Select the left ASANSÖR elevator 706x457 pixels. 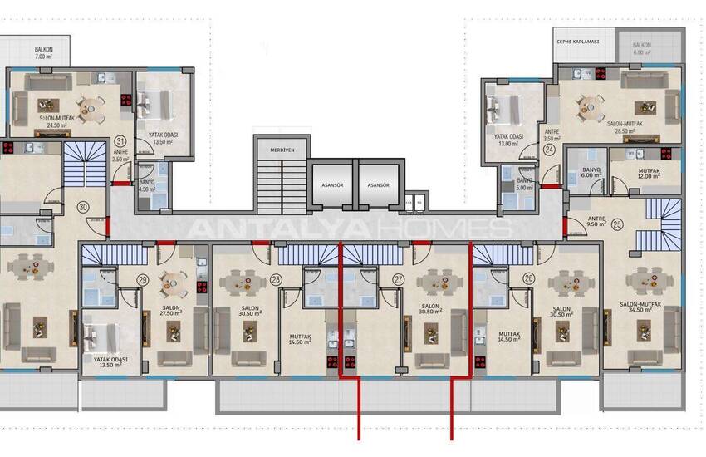(331, 184)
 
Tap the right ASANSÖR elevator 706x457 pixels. (378, 184)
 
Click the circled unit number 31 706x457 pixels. (120, 141)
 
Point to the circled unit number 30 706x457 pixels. (83, 206)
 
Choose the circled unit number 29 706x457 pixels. (143, 280)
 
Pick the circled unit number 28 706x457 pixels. (275, 280)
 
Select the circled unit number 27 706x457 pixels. (399, 280)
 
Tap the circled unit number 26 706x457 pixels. (528, 280)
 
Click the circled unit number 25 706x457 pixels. (617, 224)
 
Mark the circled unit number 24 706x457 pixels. (550, 150)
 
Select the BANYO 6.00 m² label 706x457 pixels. (590, 171)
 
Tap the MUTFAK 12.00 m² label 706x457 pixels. (648, 172)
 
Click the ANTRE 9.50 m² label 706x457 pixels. (596, 220)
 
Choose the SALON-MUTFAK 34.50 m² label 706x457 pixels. (645, 308)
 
